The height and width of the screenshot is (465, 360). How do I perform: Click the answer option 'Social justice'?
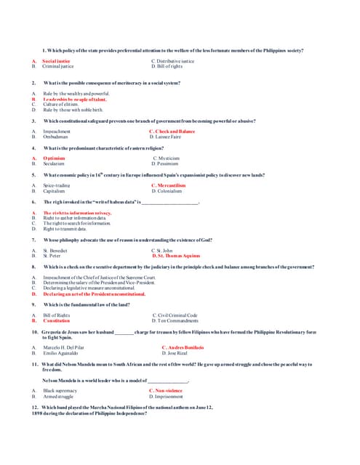tap(56, 61)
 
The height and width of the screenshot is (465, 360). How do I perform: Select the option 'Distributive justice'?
tap(172, 61)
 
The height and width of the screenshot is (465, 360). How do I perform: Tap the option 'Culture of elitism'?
tap(60, 105)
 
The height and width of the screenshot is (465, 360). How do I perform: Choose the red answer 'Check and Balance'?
tap(172, 132)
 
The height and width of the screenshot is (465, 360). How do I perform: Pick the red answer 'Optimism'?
tap(54, 158)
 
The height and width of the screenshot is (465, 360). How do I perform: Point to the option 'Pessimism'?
tap(166, 163)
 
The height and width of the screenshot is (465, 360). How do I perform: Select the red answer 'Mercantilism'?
tap(169, 185)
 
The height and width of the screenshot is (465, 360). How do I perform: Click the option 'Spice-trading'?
tap(57, 185)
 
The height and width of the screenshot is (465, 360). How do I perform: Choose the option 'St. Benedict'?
tap(55, 250)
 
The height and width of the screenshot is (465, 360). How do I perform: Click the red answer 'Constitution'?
tap(57, 320)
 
